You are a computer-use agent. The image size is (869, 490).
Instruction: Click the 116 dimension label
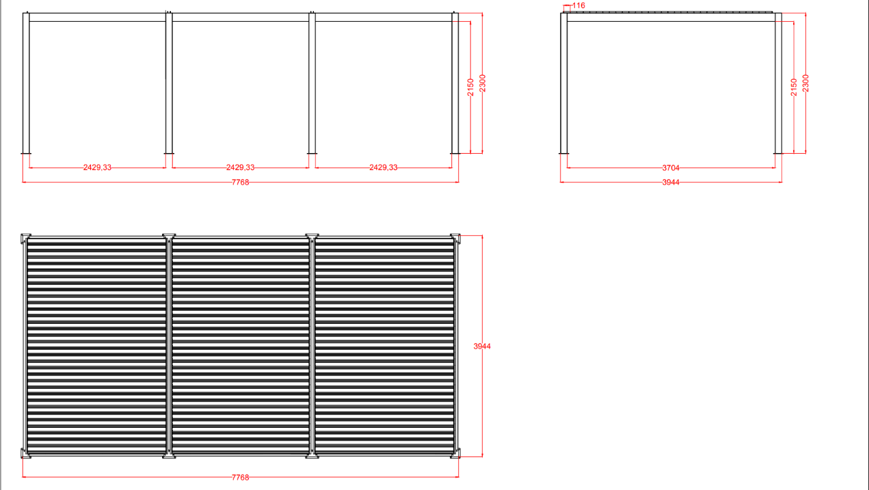[578, 5]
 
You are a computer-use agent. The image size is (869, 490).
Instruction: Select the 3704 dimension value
[671, 168]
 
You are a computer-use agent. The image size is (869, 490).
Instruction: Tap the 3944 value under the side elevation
[671, 182]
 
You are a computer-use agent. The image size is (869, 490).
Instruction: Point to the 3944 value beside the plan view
[482, 346]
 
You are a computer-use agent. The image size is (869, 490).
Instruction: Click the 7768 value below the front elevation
[240, 182]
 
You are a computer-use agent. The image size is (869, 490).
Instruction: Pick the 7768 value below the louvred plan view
[240, 477]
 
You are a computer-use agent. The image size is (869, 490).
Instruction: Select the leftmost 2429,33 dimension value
[97, 167]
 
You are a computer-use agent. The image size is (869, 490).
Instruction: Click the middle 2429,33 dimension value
[240, 167]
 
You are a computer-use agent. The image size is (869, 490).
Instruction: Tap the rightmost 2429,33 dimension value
[384, 167]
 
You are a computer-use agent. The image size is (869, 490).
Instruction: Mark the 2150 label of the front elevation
[470, 87]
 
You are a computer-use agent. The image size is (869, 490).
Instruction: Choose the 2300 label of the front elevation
[483, 83]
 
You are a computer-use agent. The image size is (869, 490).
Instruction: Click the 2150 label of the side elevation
[794, 87]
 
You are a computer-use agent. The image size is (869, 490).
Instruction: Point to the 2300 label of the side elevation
[806, 83]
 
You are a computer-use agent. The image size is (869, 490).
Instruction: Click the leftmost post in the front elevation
[26, 83]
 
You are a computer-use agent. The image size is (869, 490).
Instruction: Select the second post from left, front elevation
[169, 83]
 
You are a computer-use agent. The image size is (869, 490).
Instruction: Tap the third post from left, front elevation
[312, 83]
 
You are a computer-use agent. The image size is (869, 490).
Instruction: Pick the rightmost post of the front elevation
[455, 83]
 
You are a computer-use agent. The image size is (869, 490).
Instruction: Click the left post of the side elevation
[563, 83]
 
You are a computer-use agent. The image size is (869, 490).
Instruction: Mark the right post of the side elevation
[778, 83]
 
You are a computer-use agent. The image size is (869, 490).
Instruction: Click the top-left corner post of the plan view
[25, 238]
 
